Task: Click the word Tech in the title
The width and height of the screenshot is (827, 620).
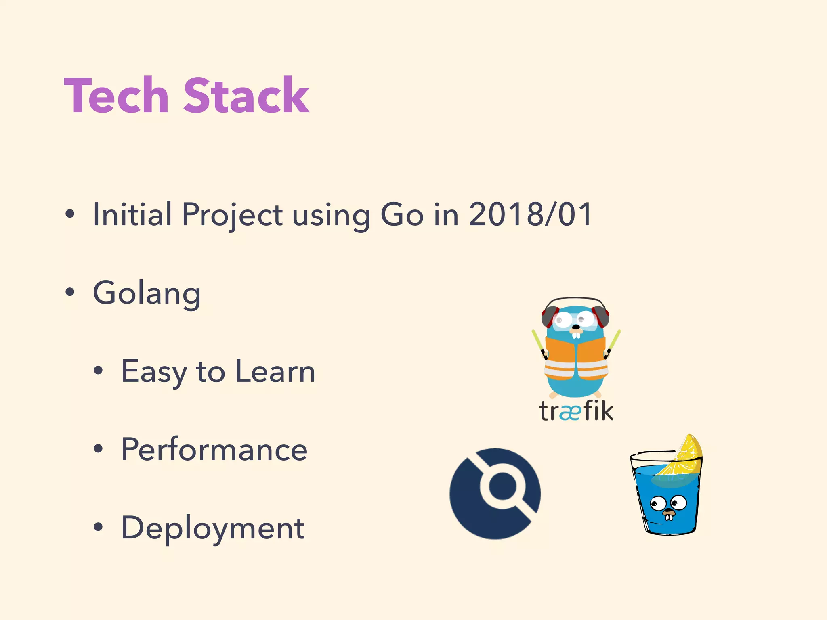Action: (x=116, y=96)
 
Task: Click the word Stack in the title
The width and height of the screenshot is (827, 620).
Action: (x=246, y=96)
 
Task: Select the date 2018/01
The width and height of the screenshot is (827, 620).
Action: (x=530, y=214)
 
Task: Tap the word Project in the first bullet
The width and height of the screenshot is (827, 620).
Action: (x=232, y=215)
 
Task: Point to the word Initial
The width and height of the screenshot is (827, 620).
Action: (x=132, y=214)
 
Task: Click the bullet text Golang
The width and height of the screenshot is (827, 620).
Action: (x=147, y=293)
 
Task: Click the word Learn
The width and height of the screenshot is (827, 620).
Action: (x=275, y=371)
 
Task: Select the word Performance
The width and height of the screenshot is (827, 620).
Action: (x=214, y=450)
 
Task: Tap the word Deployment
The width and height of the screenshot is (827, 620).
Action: (x=213, y=528)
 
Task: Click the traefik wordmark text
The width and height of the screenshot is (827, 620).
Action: (x=576, y=411)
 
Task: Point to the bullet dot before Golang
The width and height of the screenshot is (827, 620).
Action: (x=70, y=292)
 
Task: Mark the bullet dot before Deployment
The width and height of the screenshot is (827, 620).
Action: (x=98, y=527)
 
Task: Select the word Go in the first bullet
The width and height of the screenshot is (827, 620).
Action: (x=402, y=214)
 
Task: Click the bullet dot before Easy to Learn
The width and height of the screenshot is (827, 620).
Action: (x=98, y=370)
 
